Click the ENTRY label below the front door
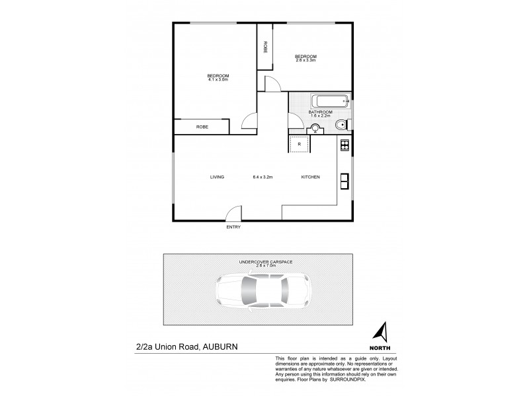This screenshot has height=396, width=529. pos(233,227)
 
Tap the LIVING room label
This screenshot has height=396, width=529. pos(217,177)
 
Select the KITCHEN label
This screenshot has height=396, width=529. pos(310,177)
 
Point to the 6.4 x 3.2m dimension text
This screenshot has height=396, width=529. pos(263,177)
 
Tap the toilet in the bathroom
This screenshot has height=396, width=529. pos(341,125)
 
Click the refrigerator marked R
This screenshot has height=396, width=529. pos(299,143)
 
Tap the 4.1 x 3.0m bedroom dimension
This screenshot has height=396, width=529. pos(218,80)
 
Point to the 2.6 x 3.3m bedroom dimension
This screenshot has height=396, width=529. pos(306,60)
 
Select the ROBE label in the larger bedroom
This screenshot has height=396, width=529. pos(201,127)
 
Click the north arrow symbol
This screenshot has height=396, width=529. pos(380,331)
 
